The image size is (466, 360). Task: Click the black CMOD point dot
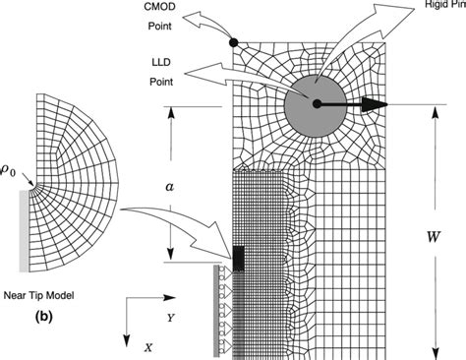coord(233,42)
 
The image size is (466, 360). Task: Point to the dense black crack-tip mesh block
coord(239,258)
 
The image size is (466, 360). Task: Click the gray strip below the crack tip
coord(217,311)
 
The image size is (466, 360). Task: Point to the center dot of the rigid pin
coord(316,102)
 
